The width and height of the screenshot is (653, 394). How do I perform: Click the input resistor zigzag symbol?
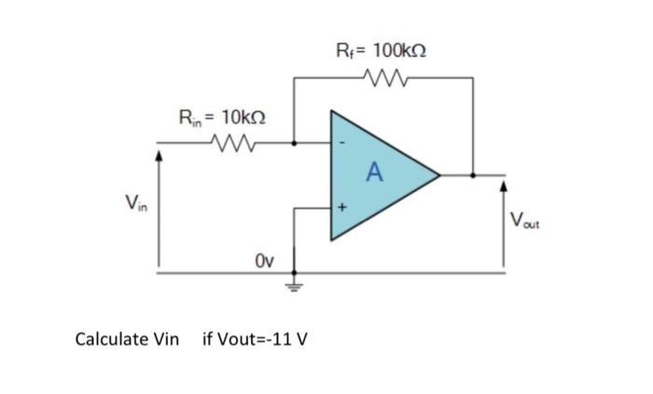tap(228, 143)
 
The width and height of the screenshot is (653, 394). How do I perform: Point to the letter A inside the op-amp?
tap(375, 171)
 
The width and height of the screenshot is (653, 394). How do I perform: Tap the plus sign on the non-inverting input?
tap(340, 209)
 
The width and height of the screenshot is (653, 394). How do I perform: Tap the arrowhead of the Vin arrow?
tap(159, 157)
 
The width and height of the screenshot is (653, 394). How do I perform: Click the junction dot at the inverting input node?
tap(296, 143)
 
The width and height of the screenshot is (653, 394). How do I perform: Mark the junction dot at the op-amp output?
tap(473, 173)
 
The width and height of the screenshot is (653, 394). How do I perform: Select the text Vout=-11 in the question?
tap(248, 337)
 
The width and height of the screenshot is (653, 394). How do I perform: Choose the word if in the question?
tap(207, 337)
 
